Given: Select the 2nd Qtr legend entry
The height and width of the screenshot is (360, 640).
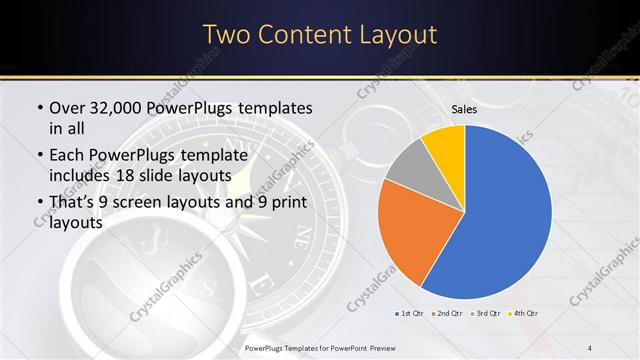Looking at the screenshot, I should click(446, 314).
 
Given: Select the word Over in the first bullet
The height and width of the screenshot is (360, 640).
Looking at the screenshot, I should click(69, 108).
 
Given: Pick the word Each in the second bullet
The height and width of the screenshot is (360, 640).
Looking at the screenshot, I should click(69, 155).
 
